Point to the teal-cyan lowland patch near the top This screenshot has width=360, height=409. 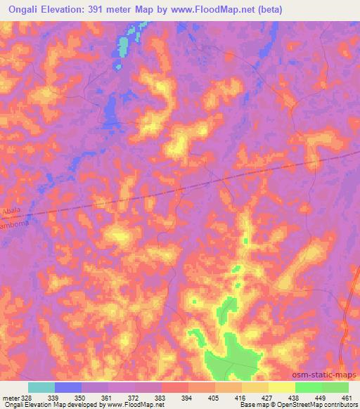(x=123, y=48)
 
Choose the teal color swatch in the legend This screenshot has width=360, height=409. (x=41, y=387)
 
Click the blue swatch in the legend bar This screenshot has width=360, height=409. (x=68, y=387)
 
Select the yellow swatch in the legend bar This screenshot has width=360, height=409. (x=282, y=387)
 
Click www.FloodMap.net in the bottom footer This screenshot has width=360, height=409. (x=136, y=405)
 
